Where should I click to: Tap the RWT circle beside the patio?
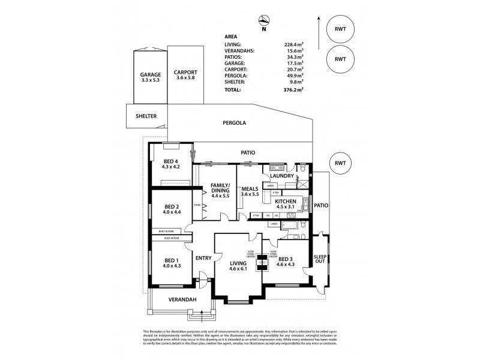(x=340, y=163)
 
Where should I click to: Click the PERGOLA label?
(x=234, y=123)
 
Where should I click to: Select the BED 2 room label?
(x=171, y=208)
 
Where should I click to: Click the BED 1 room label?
(x=171, y=263)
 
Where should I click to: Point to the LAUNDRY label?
(x=282, y=176)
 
